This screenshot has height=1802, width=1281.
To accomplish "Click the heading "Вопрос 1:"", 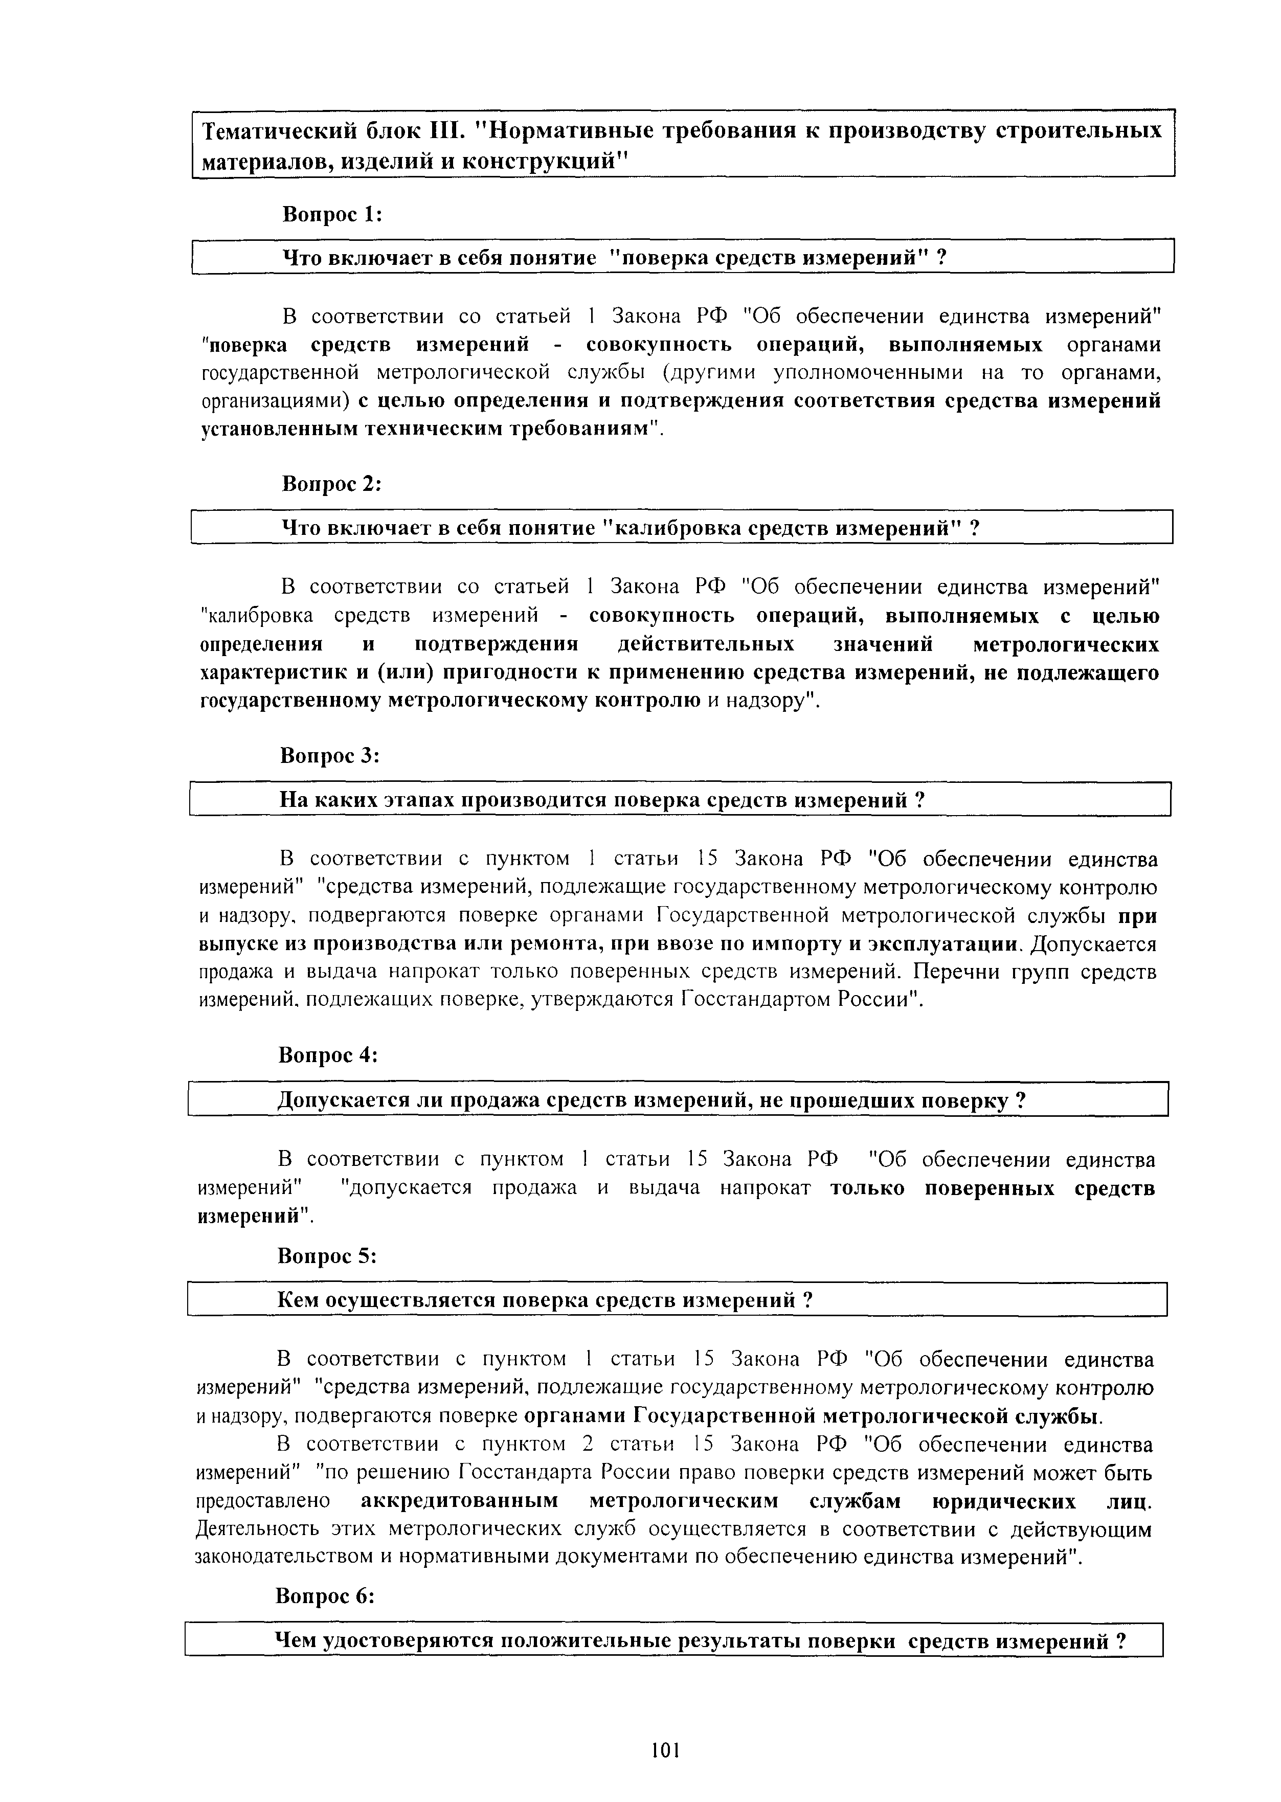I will [x=332, y=214].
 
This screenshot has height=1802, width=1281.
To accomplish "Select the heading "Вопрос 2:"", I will [x=331, y=484].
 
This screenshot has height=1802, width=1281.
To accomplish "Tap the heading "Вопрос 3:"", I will [x=330, y=755].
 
